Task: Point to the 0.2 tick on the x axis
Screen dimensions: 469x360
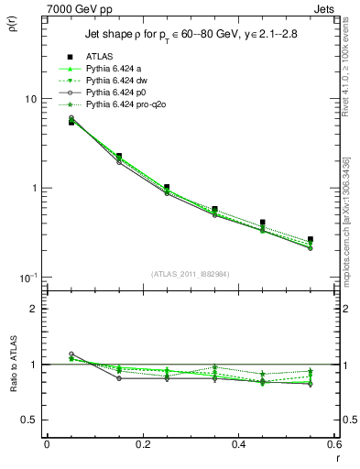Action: [142, 444]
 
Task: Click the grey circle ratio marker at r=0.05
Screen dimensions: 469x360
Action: [71, 354]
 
